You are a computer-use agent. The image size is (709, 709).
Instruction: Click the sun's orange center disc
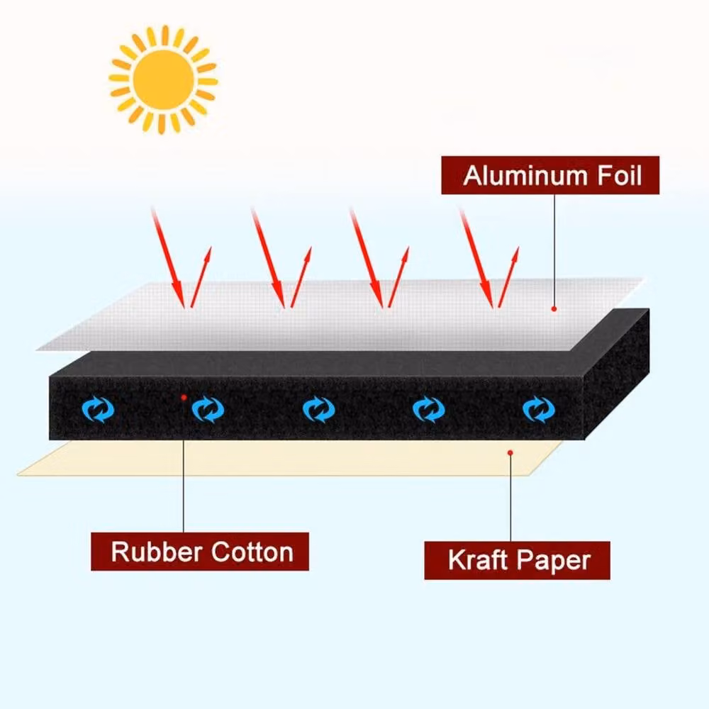pyautogui.click(x=164, y=79)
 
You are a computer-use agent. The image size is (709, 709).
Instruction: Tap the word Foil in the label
pyautogui.click(x=620, y=175)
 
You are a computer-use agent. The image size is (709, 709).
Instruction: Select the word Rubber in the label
pyautogui.click(x=157, y=552)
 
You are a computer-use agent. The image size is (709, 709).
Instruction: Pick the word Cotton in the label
pyautogui.click(x=252, y=552)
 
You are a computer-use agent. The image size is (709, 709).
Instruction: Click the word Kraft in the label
pyautogui.click(x=477, y=560)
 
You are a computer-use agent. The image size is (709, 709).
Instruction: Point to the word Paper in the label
pyautogui.click(x=554, y=561)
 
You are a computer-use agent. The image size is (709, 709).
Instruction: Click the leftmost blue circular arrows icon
pyautogui.click(x=98, y=409)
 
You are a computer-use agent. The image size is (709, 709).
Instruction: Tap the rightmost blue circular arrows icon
pyautogui.click(x=539, y=409)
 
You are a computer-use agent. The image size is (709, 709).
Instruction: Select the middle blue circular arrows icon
pyautogui.click(x=319, y=409)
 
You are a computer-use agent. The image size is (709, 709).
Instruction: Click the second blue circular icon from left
pyautogui.click(x=208, y=409)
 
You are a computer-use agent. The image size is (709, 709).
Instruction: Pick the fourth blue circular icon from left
pyautogui.click(x=429, y=409)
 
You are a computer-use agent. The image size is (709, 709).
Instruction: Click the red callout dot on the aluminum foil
pyautogui.click(x=554, y=309)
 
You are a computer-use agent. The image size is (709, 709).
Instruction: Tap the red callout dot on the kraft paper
pyautogui.click(x=510, y=452)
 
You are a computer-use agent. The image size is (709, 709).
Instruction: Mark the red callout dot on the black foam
pyautogui.click(x=184, y=398)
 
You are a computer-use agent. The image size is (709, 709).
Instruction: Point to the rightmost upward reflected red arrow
pyautogui.click(x=508, y=277)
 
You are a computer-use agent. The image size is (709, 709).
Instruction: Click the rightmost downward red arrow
pyautogui.click(x=476, y=258)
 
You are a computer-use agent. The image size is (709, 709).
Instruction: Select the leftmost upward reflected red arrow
pyautogui.click(x=201, y=277)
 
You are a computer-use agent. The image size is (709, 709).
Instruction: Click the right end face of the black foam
pyautogui.click(x=618, y=373)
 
